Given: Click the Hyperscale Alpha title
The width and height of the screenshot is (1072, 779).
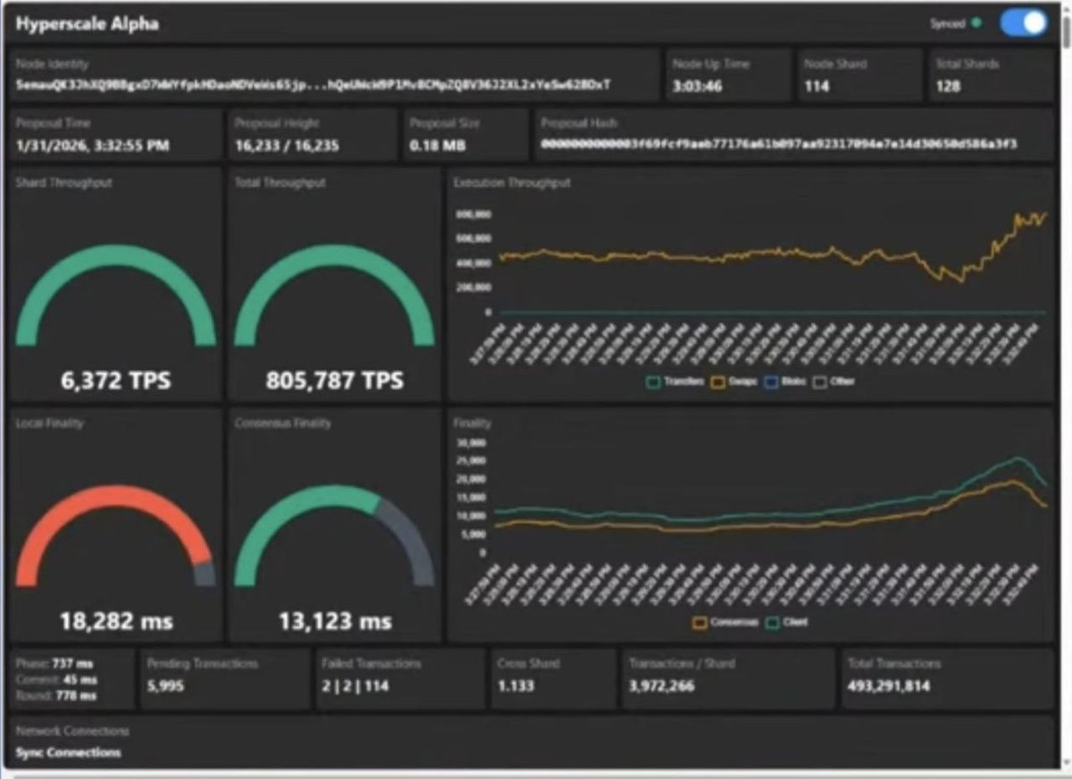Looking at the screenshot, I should tap(87, 24).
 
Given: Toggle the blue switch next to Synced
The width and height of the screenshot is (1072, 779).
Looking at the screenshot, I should tap(1023, 23).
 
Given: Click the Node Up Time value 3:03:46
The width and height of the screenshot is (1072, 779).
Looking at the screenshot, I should tap(697, 87).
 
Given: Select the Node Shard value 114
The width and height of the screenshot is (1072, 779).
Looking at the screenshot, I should tap(817, 87).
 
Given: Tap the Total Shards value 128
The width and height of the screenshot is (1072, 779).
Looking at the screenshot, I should tap(949, 87).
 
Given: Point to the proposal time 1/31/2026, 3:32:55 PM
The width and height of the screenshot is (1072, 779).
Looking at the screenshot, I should tap(92, 145).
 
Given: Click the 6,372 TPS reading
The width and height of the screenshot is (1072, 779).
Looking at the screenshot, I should tap(115, 381).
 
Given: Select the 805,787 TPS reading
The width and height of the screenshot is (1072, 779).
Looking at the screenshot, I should tap(334, 381).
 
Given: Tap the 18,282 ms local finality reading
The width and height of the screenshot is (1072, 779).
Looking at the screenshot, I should tap(116, 620).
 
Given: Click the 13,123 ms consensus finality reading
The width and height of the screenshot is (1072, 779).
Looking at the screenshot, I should tap(334, 620).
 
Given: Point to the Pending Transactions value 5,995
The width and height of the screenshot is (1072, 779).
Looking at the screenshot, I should tap(165, 687).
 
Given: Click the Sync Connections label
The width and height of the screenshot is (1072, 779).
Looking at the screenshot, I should tap(68, 752).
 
